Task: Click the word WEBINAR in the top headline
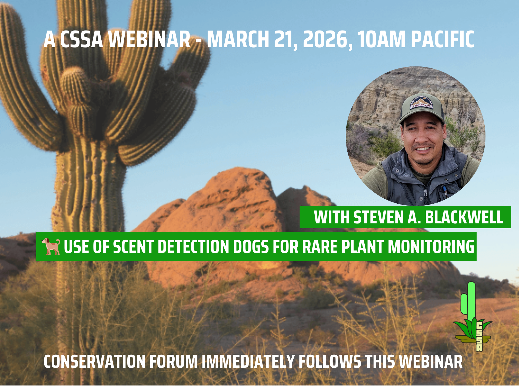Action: click(x=149, y=39)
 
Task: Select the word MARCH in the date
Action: click(x=238, y=39)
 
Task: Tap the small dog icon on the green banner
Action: click(x=51, y=246)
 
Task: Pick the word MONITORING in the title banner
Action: click(x=431, y=247)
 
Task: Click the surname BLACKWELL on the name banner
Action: click(x=464, y=217)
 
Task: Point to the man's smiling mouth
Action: click(x=423, y=149)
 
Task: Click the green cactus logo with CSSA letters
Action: click(x=473, y=316)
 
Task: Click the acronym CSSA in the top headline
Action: click(x=81, y=39)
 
